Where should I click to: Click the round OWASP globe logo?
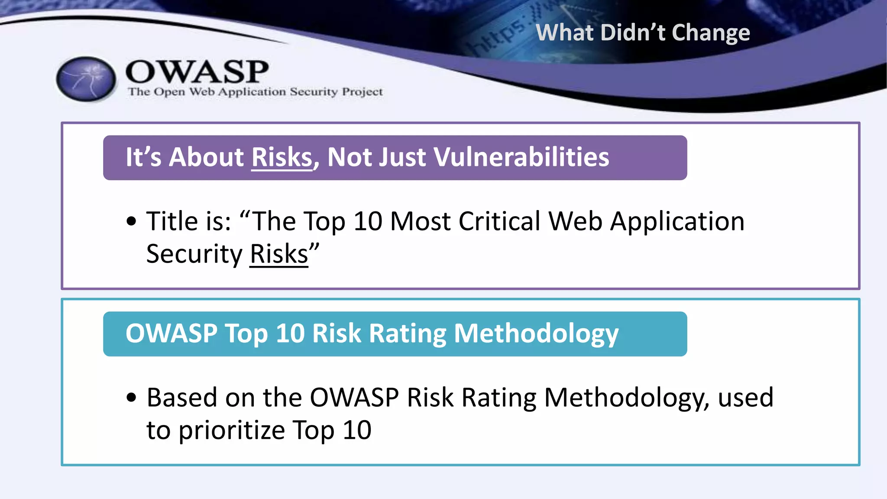click(86, 79)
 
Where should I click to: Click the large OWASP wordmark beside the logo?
click(197, 72)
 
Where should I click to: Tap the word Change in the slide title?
click(711, 33)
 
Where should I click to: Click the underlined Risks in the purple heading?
click(282, 157)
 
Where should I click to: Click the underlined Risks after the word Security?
click(279, 254)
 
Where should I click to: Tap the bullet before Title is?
click(131, 221)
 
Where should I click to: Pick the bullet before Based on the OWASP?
click(131, 398)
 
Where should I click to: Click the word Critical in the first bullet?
click(499, 221)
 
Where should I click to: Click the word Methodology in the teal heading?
click(536, 334)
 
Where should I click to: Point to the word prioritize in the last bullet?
click(232, 430)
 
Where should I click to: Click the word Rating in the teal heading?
click(408, 334)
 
